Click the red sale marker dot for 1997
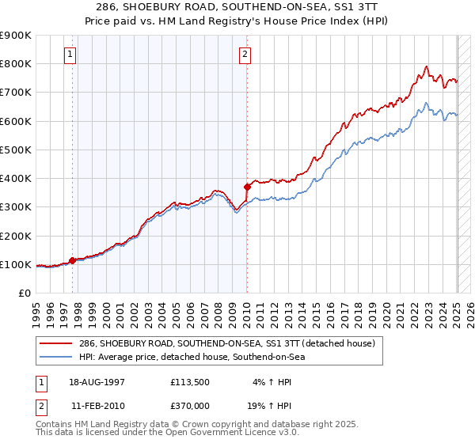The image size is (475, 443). [x=72, y=259]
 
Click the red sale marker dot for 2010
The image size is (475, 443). [x=247, y=187]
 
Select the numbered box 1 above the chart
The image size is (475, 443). [x=70, y=55]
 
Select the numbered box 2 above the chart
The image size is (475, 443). [x=245, y=55]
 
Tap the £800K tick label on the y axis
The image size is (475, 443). [x=16, y=63]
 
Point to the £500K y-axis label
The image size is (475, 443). [x=16, y=150]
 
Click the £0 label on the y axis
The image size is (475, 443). [x=24, y=293]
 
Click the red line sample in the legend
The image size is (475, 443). [x=55, y=343]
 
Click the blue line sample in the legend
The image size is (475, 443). [x=55, y=357]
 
